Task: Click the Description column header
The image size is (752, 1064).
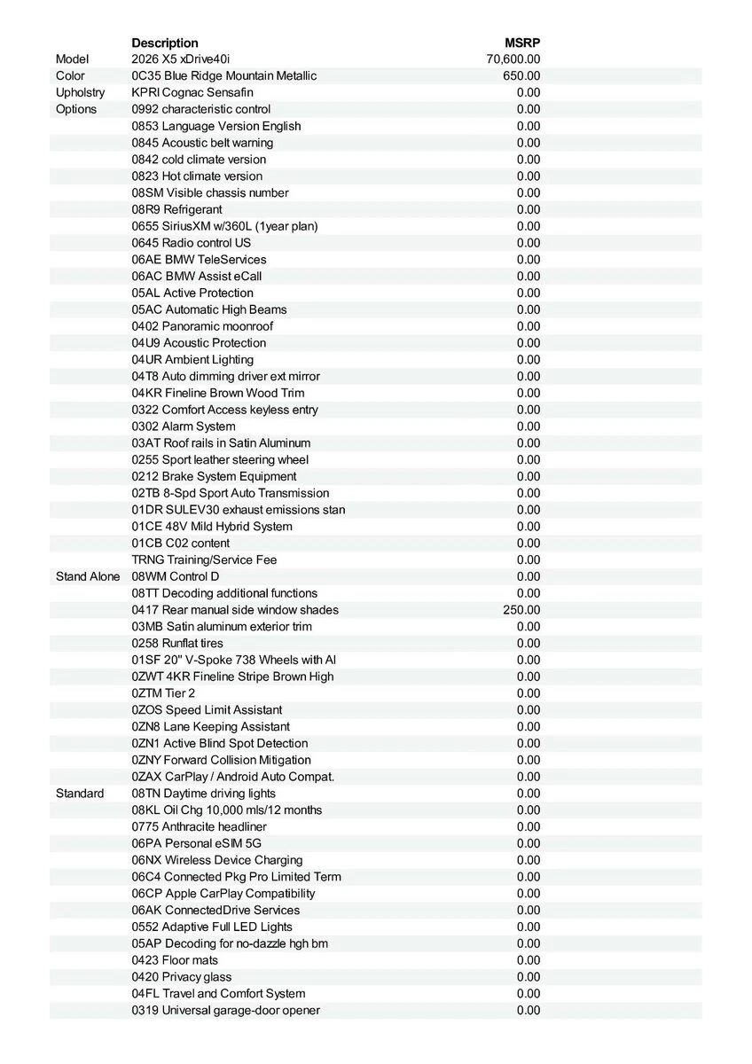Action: (x=165, y=43)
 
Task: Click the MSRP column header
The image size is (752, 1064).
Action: (x=522, y=43)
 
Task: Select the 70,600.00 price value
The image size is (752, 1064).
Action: (x=513, y=59)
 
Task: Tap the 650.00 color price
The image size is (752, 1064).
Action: (x=521, y=76)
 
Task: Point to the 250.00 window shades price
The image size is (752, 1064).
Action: (x=521, y=610)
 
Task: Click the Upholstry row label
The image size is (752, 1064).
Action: (x=80, y=92)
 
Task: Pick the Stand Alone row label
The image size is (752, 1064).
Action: (x=88, y=576)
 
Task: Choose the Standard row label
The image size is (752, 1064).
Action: (x=80, y=794)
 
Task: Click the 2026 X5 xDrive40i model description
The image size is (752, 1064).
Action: (x=180, y=59)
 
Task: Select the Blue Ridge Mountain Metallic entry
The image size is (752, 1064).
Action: (x=223, y=76)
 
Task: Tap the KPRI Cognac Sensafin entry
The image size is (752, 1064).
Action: (x=192, y=92)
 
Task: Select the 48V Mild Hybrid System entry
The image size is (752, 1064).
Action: (x=212, y=527)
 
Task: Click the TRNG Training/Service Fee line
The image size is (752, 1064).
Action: (x=204, y=559)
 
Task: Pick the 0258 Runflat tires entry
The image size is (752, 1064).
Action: (x=177, y=643)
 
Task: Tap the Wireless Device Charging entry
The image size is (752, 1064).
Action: (x=217, y=860)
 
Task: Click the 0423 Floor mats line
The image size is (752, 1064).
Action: (x=175, y=960)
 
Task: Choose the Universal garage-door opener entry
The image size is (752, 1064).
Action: (x=226, y=1010)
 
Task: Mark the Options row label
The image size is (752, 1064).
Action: (x=76, y=109)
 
